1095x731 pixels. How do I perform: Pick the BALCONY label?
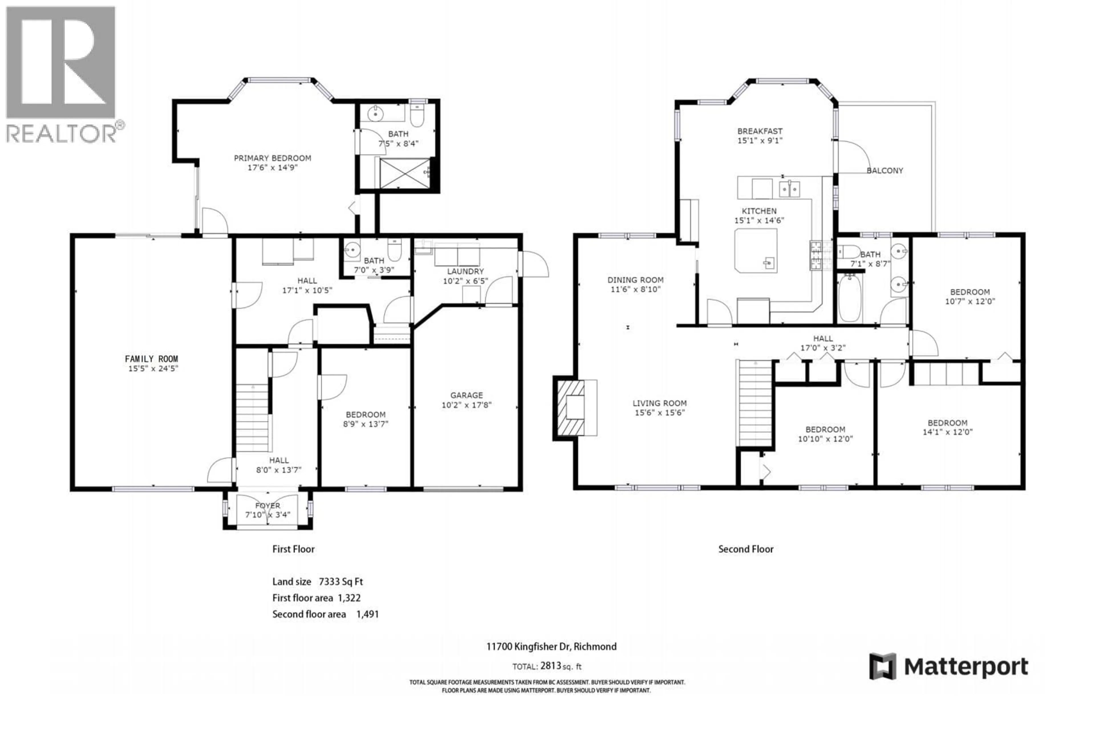(884, 171)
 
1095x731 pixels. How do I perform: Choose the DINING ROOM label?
(635, 280)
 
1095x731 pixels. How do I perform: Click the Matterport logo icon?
(883, 666)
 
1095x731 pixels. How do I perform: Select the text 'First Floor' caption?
(293, 549)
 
